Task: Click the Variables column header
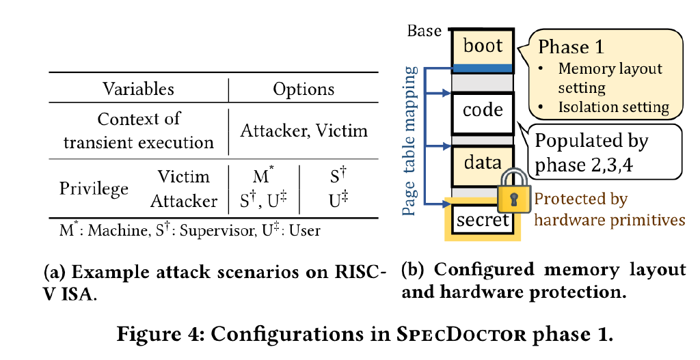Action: pos(138,89)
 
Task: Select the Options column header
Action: pos(304,89)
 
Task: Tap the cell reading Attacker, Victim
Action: pos(304,130)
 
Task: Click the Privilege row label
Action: pos(94,189)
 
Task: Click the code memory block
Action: pos(483,113)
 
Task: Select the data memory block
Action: pos(483,165)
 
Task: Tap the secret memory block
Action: pos(483,219)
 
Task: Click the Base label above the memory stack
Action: pos(425,31)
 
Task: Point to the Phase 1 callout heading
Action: pos(571,47)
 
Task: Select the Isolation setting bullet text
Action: pos(613,107)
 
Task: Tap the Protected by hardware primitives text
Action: pos(609,209)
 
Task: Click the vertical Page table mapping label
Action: pos(410,141)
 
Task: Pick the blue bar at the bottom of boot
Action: pos(483,68)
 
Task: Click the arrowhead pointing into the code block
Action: pos(446,93)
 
